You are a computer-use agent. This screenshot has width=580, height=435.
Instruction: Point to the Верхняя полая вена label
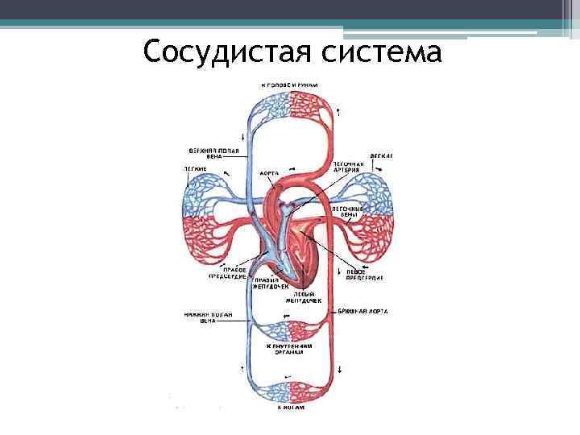(x=207, y=153)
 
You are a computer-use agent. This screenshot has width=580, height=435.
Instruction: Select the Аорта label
(x=270, y=172)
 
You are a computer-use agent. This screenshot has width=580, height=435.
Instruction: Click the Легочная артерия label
(x=349, y=167)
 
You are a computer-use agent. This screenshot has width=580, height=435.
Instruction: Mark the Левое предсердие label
(x=362, y=275)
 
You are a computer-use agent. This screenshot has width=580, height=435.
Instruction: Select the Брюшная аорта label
(x=363, y=310)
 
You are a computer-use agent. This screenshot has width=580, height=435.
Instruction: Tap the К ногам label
(x=293, y=408)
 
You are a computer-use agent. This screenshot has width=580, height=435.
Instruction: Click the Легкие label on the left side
(x=196, y=168)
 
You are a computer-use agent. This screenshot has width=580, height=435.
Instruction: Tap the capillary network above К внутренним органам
(x=292, y=330)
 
